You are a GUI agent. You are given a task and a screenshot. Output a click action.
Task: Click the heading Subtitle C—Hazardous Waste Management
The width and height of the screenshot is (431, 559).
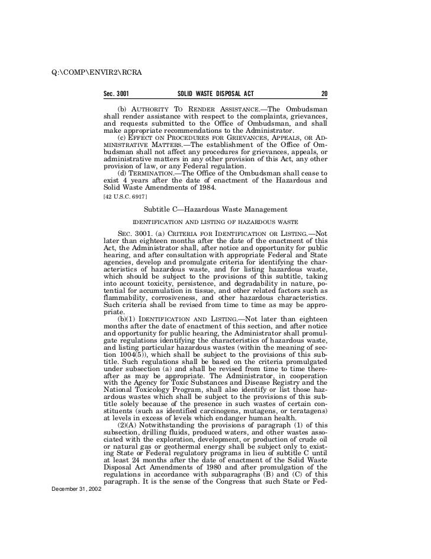pos(215,209)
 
